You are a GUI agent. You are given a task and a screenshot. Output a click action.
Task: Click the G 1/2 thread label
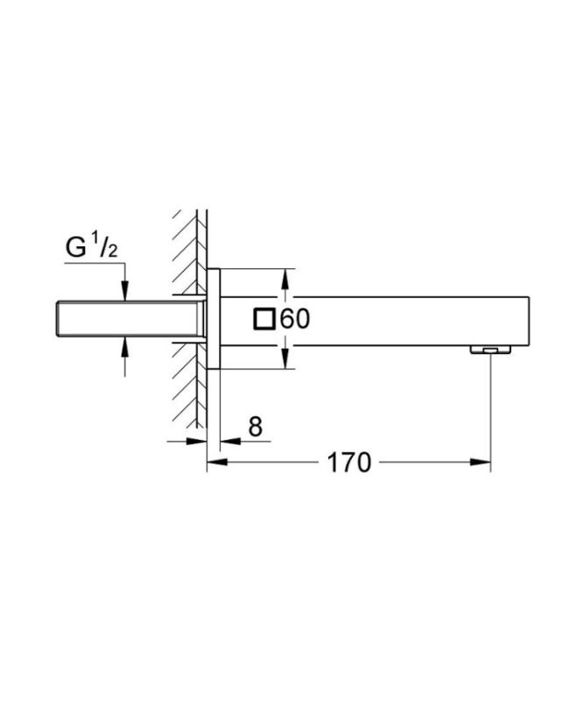(92, 248)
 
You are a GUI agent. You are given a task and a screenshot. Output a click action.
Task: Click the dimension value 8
(255, 427)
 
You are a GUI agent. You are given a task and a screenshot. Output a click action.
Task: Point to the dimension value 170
(348, 463)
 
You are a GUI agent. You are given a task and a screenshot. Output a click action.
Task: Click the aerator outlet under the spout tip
(489, 350)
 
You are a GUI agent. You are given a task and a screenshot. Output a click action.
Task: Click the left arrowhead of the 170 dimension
(214, 463)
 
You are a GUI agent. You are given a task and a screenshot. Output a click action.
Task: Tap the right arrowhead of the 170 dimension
(483, 463)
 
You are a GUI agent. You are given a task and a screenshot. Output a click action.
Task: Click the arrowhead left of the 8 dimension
(200, 442)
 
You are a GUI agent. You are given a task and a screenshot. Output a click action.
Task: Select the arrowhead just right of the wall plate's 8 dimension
(226, 442)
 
